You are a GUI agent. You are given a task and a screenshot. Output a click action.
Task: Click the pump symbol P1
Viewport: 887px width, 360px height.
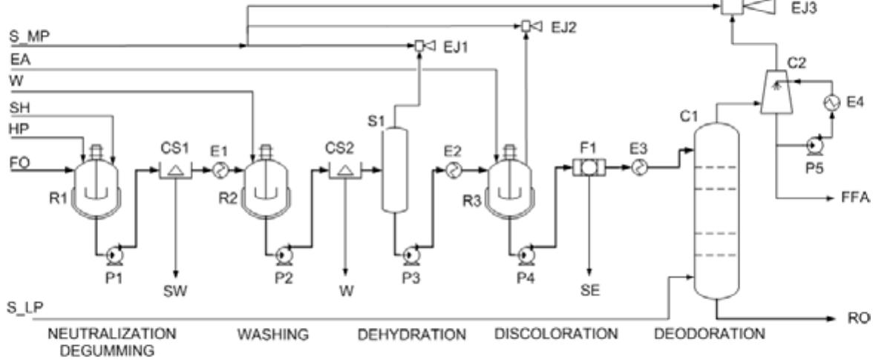[x=114, y=255]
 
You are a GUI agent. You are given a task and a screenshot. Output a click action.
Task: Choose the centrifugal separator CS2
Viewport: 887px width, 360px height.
[x=344, y=171]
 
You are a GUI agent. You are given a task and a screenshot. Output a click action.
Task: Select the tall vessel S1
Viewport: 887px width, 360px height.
[x=394, y=169]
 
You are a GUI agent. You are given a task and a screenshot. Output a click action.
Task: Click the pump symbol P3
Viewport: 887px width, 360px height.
[x=409, y=255]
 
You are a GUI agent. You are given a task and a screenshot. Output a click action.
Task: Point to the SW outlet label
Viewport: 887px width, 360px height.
[x=175, y=291]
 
